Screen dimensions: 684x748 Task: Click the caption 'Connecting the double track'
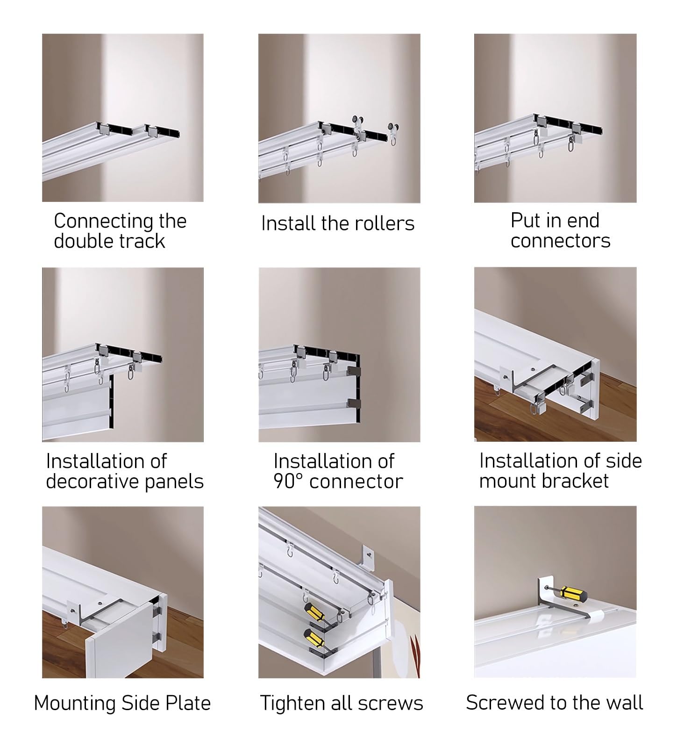click(x=120, y=230)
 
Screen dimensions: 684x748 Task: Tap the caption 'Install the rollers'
click(x=338, y=223)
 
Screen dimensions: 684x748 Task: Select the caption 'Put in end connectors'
click(x=560, y=230)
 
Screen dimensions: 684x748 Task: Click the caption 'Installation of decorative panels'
click(x=125, y=471)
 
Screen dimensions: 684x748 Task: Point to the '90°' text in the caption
click(x=289, y=482)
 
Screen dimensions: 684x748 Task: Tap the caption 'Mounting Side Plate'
click(x=122, y=703)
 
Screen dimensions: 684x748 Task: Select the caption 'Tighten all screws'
click(x=342, y=703)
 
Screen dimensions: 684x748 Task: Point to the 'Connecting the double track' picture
click(x=123, y=117)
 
